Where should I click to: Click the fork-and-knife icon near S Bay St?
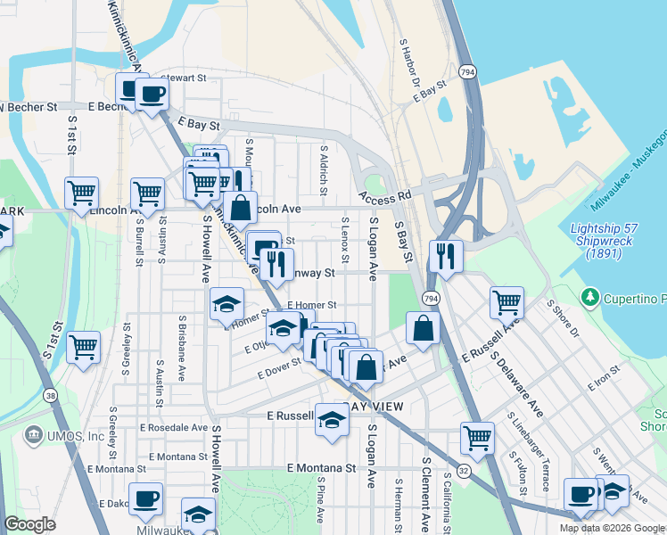pos(445,256)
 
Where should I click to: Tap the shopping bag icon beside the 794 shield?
pos(423,327)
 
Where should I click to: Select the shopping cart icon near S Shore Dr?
pos(506,301)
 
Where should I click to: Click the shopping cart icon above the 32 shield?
pos(477,437)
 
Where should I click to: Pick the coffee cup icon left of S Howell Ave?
pos(145,499)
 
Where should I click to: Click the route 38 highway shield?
pos(49,395)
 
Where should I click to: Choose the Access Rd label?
pos(386,194)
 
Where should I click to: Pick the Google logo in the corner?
pos(29,524)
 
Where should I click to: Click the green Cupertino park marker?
pos(589,296)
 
